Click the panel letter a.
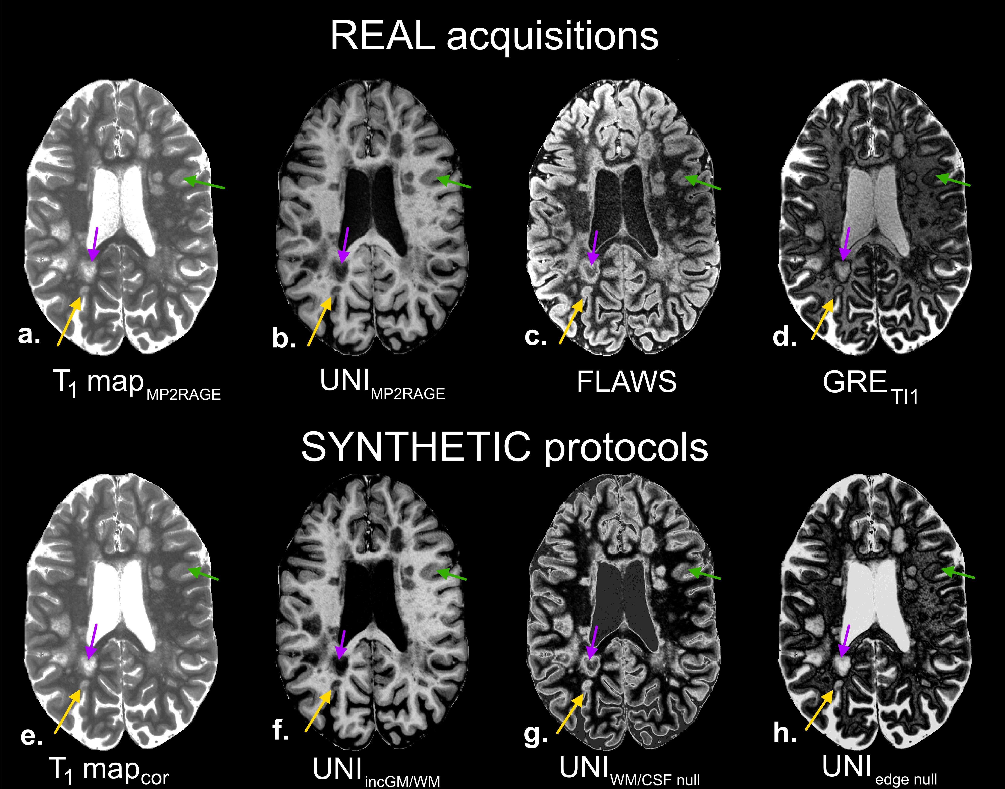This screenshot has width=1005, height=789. point(29,335)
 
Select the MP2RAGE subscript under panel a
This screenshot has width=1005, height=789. point(183,395)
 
